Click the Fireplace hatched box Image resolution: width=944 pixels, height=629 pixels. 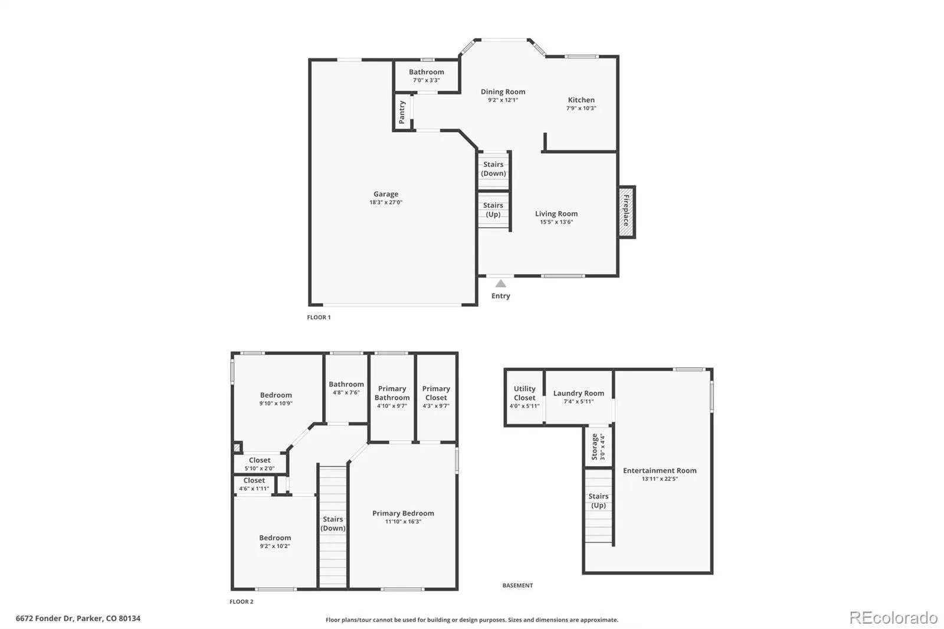[x=627, y=212]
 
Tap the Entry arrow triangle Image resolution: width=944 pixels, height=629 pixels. [x=501, y=283]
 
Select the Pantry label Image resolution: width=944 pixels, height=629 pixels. [x=402, y=112]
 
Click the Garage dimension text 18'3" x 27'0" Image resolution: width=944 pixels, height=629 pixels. [x=386, y=202]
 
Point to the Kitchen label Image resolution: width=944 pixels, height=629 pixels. [x=581, y=100]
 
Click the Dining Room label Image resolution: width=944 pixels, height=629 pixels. [x=503, y=92]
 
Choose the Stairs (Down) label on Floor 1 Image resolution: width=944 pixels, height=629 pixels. [x=493, y=169]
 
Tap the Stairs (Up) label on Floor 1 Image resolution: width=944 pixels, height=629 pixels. [x=493, y=209]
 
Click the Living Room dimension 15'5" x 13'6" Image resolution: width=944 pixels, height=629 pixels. [x=556, y=222]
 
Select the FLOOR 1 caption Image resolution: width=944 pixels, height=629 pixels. [x=319, y=317]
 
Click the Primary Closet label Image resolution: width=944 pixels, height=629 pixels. [x=436, y=393]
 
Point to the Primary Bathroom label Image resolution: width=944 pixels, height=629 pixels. [x=392, y=393]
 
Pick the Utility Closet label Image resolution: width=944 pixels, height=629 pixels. [x=525, y=394]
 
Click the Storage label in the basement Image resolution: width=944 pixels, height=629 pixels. [x=595, y=447]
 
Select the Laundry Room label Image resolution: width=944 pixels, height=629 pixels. [x=579, y=394]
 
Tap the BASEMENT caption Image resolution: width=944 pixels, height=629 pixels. [x=517, y=585]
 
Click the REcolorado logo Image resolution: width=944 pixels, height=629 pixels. [x=893, y=618]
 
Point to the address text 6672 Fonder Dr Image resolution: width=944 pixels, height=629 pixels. [x=45, y=618]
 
